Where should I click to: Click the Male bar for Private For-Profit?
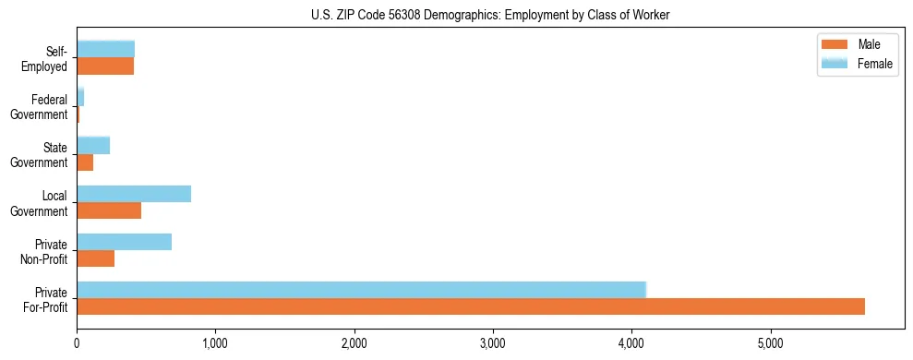tap(471, 306)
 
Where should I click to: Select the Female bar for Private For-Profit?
tap(361, 289)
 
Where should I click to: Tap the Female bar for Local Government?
tap(134, 194)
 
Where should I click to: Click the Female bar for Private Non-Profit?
tap(124, 242)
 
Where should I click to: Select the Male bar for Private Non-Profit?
tap(96, 258)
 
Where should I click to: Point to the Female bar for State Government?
tap(93, 145)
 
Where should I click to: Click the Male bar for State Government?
tap(85, 162)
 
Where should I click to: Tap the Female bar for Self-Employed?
tap(105, 49)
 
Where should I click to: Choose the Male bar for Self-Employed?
tap(105, 66)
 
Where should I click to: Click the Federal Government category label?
tap(49, 107)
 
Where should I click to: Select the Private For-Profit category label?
tap(45, 299)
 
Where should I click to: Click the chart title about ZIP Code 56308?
tap(490, 15)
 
